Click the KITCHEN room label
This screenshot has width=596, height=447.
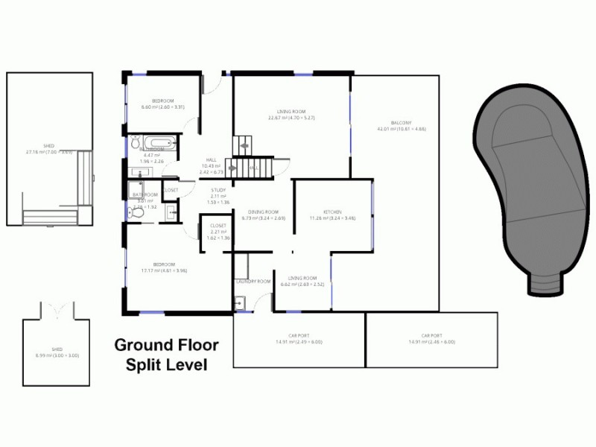[x=332, y=212]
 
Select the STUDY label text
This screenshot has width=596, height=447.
[x=218, y=190]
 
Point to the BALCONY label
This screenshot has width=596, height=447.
[x=401, y=123]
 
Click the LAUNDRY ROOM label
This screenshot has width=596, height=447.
[x=253, y=282]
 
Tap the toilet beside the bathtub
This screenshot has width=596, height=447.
[x=136, y=142]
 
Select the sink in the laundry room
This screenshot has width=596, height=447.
[x=239, y=302]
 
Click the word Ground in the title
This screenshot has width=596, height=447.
[x=140, y=345]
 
